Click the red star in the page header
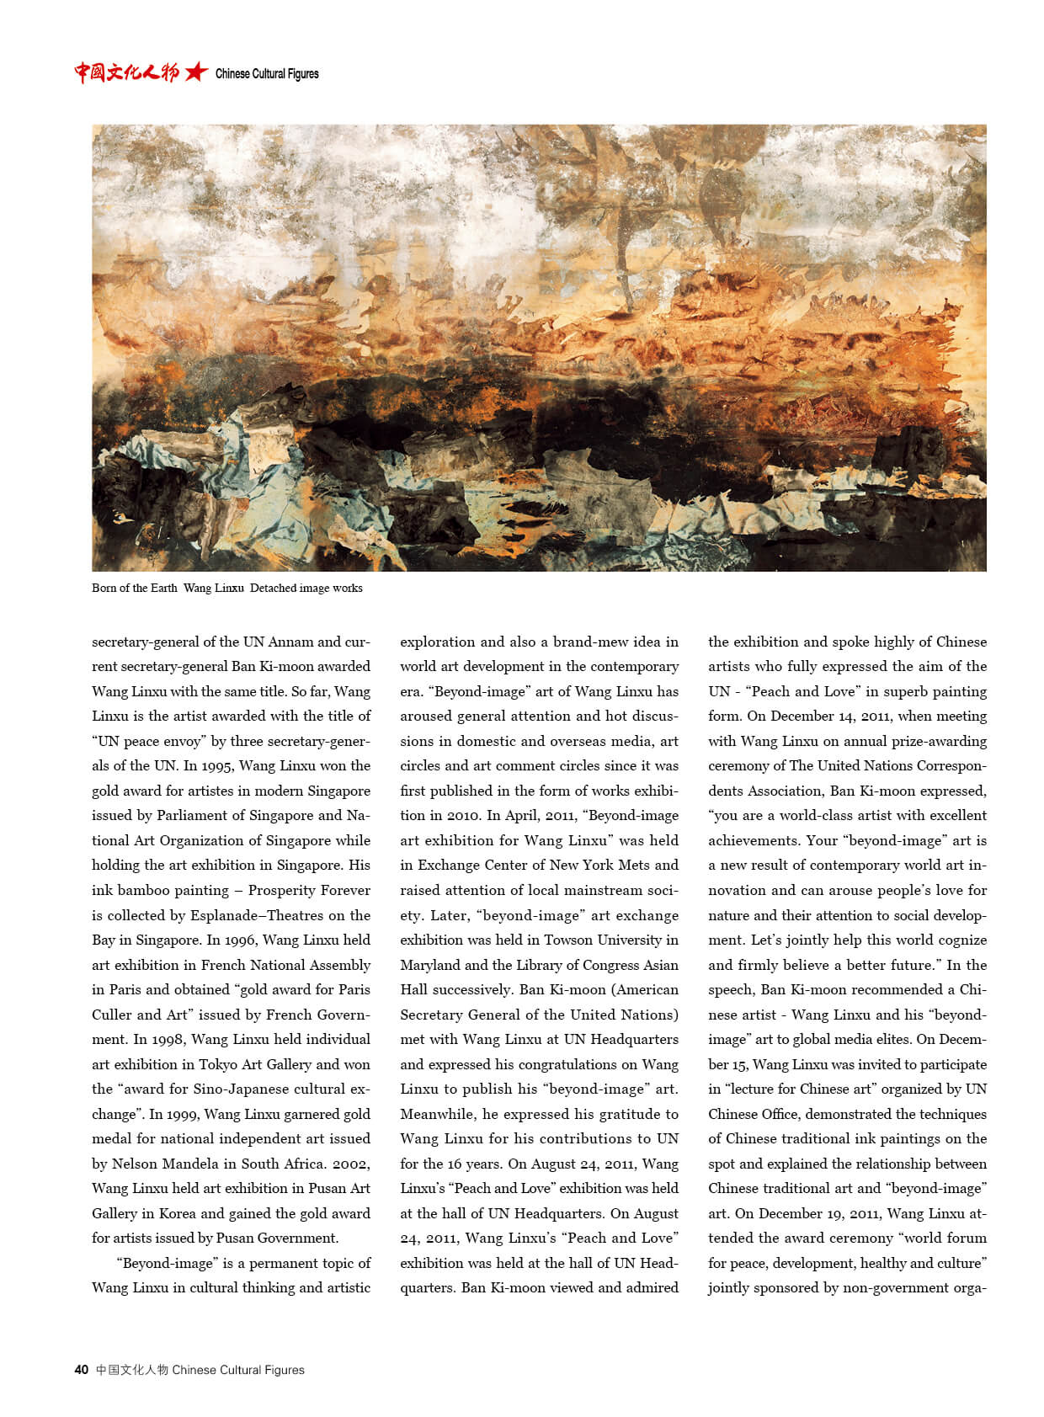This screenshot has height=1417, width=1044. [x=195, y=72]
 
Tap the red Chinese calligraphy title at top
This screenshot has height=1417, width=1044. [x=126, y=72]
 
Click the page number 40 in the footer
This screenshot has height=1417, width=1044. [x=81, y=1370]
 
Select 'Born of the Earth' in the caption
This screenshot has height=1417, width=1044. [x=135, y=588]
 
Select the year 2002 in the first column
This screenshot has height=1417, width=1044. [x=349, y=1164]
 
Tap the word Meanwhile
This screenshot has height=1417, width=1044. [x=437, y=1114]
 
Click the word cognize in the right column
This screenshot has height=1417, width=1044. [x=960, y=940]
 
